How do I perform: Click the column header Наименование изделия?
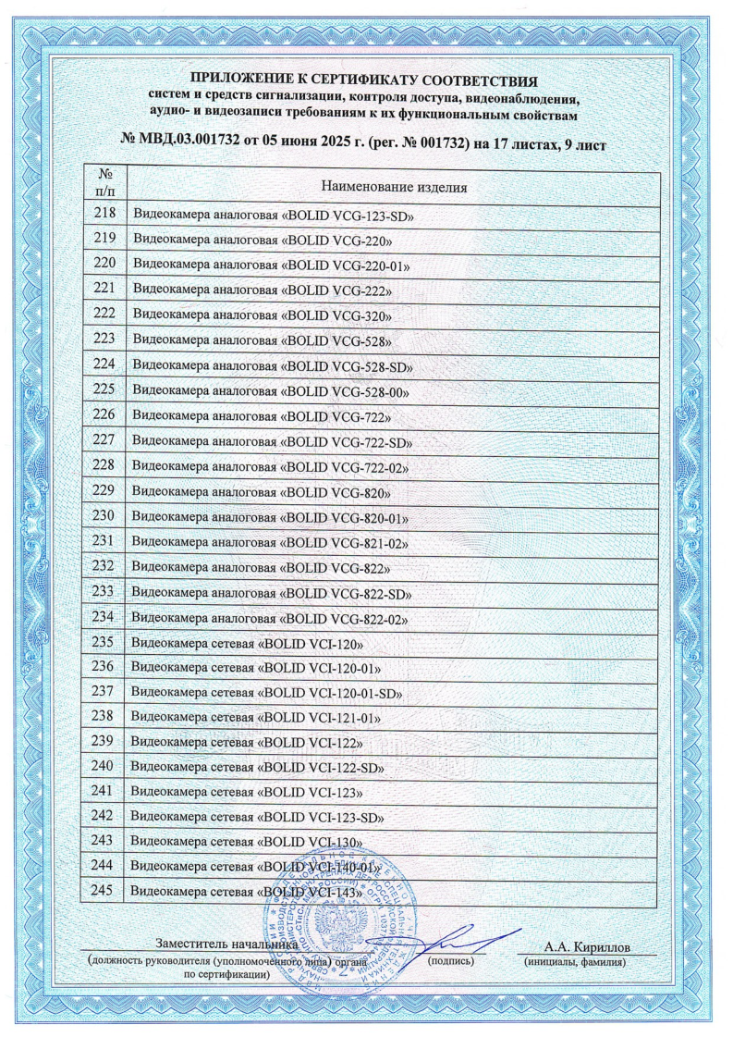pyautogui.click(x=393, y=186)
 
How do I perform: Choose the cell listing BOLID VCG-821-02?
pyautogui.click(x=272, y=542)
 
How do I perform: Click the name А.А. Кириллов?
pyautogui.click(x=587, y=947)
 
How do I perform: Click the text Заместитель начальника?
pyautogui.click(x=226, y=946)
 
